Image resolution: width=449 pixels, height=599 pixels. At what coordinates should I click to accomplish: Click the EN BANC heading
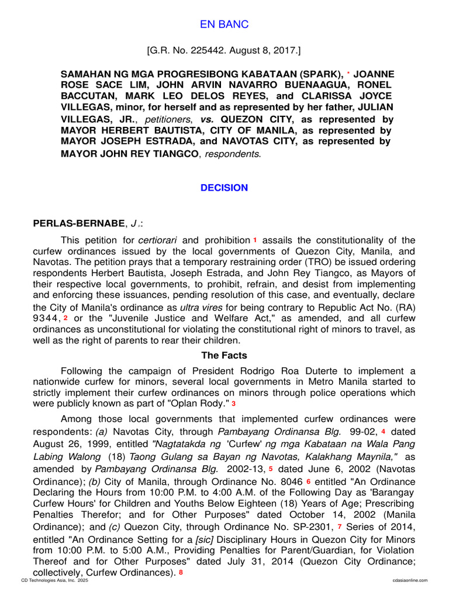pyautogui.click(x=224, y=25)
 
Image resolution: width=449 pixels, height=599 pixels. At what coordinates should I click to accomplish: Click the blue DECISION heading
pyautogui.click(x=224, y=188)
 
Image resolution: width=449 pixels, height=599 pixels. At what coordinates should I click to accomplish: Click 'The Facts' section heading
pyautogui.click(x=224, y=355)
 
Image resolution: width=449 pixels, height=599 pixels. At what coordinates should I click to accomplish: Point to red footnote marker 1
pyautogui.click(x=255, y=240)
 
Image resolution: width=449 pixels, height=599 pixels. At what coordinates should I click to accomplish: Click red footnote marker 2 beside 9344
pyautogui.click(x=66, y=318)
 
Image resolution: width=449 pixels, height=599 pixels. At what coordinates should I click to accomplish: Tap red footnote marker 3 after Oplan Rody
pyautogui.click(x=234, y=403)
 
